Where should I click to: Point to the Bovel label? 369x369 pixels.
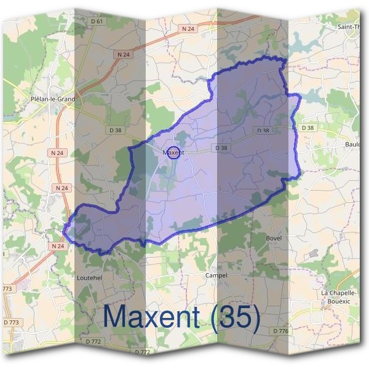point(273,237)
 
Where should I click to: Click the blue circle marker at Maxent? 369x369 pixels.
point(173,153)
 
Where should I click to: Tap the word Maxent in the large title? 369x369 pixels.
point(151,317)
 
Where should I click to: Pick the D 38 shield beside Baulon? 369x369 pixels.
point(307,128)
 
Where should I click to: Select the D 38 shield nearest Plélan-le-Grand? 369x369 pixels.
point(115,130)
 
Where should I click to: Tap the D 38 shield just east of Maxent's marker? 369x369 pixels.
point(221,148)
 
